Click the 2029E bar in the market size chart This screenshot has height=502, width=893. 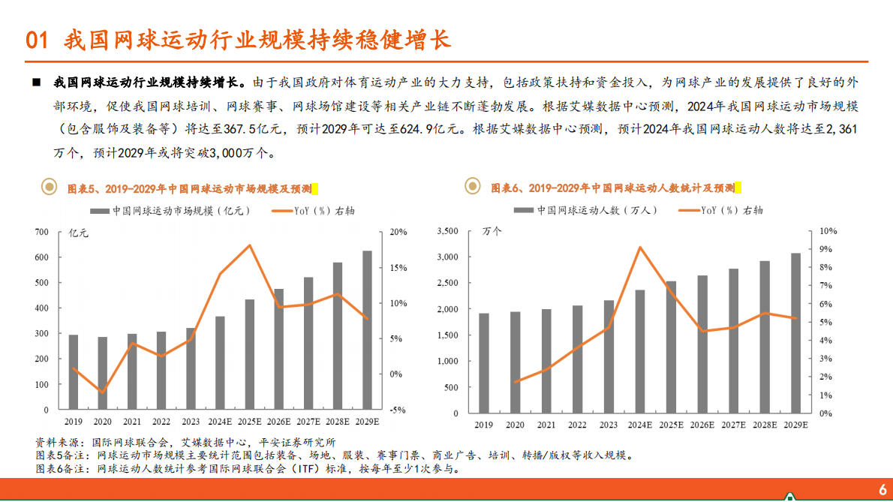click(x=367, y=330)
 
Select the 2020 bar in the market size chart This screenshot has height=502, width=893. click(x=103, y=373)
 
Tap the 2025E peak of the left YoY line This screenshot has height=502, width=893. click(x=250, y=245)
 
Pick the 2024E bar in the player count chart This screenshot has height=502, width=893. click(x=640, y=351)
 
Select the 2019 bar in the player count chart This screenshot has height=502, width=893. click(x=484, y=362)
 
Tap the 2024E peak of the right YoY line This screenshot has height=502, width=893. click(x=640, y=247)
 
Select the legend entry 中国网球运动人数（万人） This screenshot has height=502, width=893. click(x=597, y=211)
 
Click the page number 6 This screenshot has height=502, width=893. click(x=882, y=489)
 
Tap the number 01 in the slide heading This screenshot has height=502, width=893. click(x=37, y=39)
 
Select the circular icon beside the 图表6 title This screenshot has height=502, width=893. click(x=473, y=186)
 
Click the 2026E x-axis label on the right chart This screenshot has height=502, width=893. click(x=702, y=424)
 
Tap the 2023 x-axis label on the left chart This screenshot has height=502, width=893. click(x=191, y=421)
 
